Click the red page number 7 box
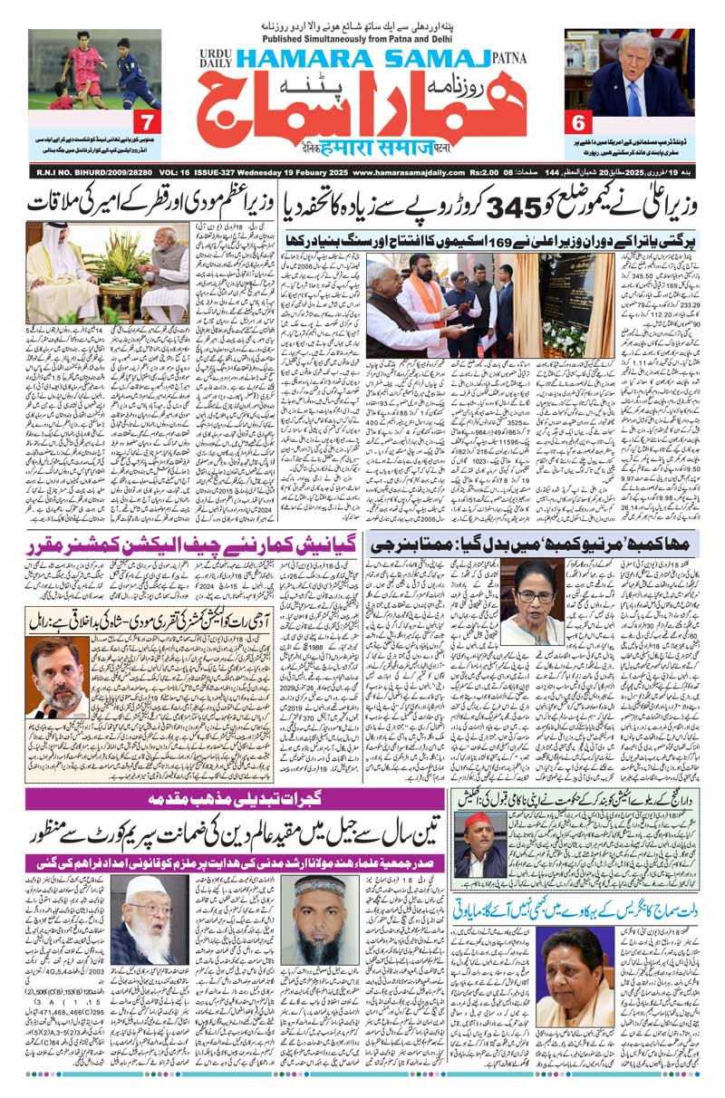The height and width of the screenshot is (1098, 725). [x=144, y=120]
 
